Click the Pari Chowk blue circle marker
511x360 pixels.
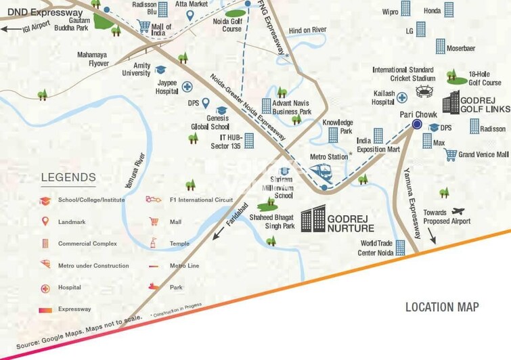[x=417, y=125]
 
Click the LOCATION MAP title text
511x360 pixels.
[x=442, y=307]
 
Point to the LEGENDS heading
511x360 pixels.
[x=68, y=178]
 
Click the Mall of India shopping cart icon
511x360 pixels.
[x=143, y=26]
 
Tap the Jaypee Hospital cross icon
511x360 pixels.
[x=185, y=87]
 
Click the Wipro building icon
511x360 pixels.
[x=405, y=9]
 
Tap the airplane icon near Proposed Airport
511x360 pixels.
[x=460, y=211]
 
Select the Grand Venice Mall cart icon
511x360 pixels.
[x=450, y=155]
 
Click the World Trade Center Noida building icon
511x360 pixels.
[x=400, y=248]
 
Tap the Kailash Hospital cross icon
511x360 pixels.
[x=401, y=97]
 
